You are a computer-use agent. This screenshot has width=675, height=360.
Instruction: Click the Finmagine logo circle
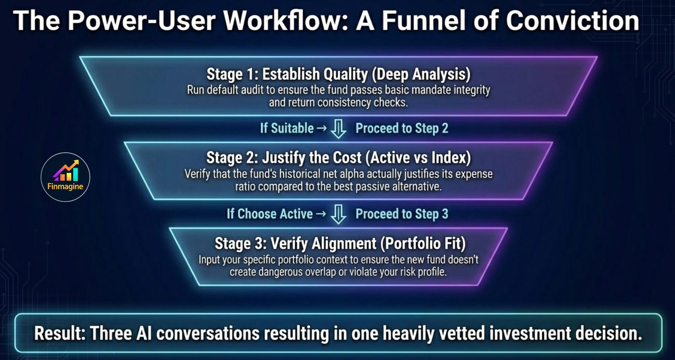(x=65, y=177)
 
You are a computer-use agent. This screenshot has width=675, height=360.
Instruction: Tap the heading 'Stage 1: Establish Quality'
(x=287, y=74)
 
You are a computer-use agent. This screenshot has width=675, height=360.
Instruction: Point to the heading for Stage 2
(x=338, y=158)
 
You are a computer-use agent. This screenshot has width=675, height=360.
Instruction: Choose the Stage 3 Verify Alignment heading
(x=340, y=243)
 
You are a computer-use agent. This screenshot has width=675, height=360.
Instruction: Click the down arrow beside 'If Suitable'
(x=338, y=129)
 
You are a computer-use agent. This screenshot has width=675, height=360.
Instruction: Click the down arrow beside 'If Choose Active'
(x=338, y=214)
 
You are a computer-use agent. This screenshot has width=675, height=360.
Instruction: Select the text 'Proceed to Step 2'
(x=402, y=128)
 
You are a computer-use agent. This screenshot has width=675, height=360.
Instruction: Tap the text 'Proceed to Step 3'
(x=402, y=214)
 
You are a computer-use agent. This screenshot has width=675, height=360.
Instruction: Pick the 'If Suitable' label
(x=287, y=128)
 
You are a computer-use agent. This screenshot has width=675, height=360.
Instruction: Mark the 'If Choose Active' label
(x=270, y=214)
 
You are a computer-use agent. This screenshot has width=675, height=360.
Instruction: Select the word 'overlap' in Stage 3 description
(x=320, y=272)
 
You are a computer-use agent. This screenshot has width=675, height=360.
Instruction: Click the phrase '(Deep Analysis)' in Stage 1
(x=421, y=74)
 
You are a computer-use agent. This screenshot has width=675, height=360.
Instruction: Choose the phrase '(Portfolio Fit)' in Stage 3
(x=423, y=243)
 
